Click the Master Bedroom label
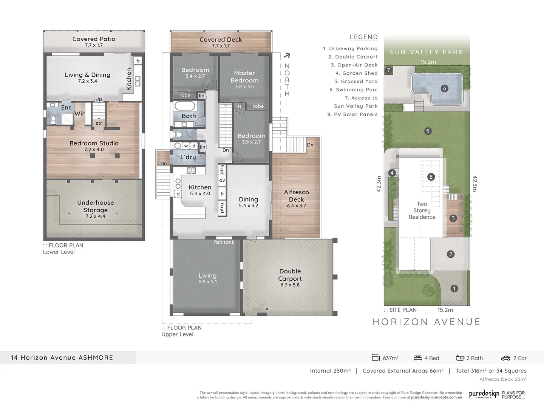[244, 77]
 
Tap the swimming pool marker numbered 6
[444, 88]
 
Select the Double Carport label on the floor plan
[290, 275]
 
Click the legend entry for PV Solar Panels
[352, 114]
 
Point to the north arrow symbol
[287, 56]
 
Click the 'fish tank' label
[224, 242]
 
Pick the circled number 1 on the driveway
[454, 289]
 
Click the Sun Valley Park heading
[427, 52]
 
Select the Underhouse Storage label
[96, 206]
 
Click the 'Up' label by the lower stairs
[99, 99]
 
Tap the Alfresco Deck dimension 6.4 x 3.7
[297, 206]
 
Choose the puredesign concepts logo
[484, 394]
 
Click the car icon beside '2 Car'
[505, 358]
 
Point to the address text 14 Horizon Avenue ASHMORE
[62, 358]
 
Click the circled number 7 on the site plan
[388, 70]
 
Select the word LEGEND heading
[363, 37]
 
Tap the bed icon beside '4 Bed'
[418, 358]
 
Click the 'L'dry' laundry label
[188, 157]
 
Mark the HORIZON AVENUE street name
[427, 322]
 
